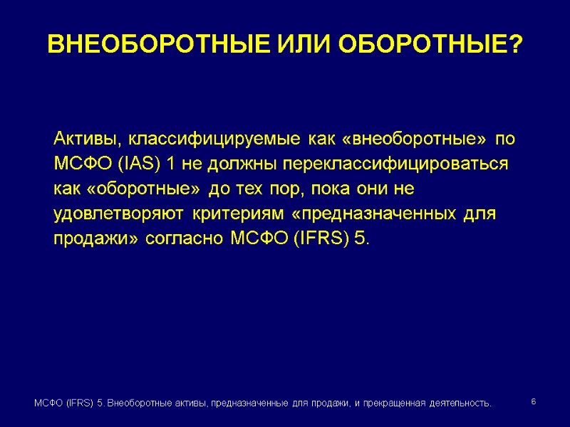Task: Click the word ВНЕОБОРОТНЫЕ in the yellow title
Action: [148, 45]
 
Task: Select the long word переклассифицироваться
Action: [396, 164]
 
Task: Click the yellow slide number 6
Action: [534, 403]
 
